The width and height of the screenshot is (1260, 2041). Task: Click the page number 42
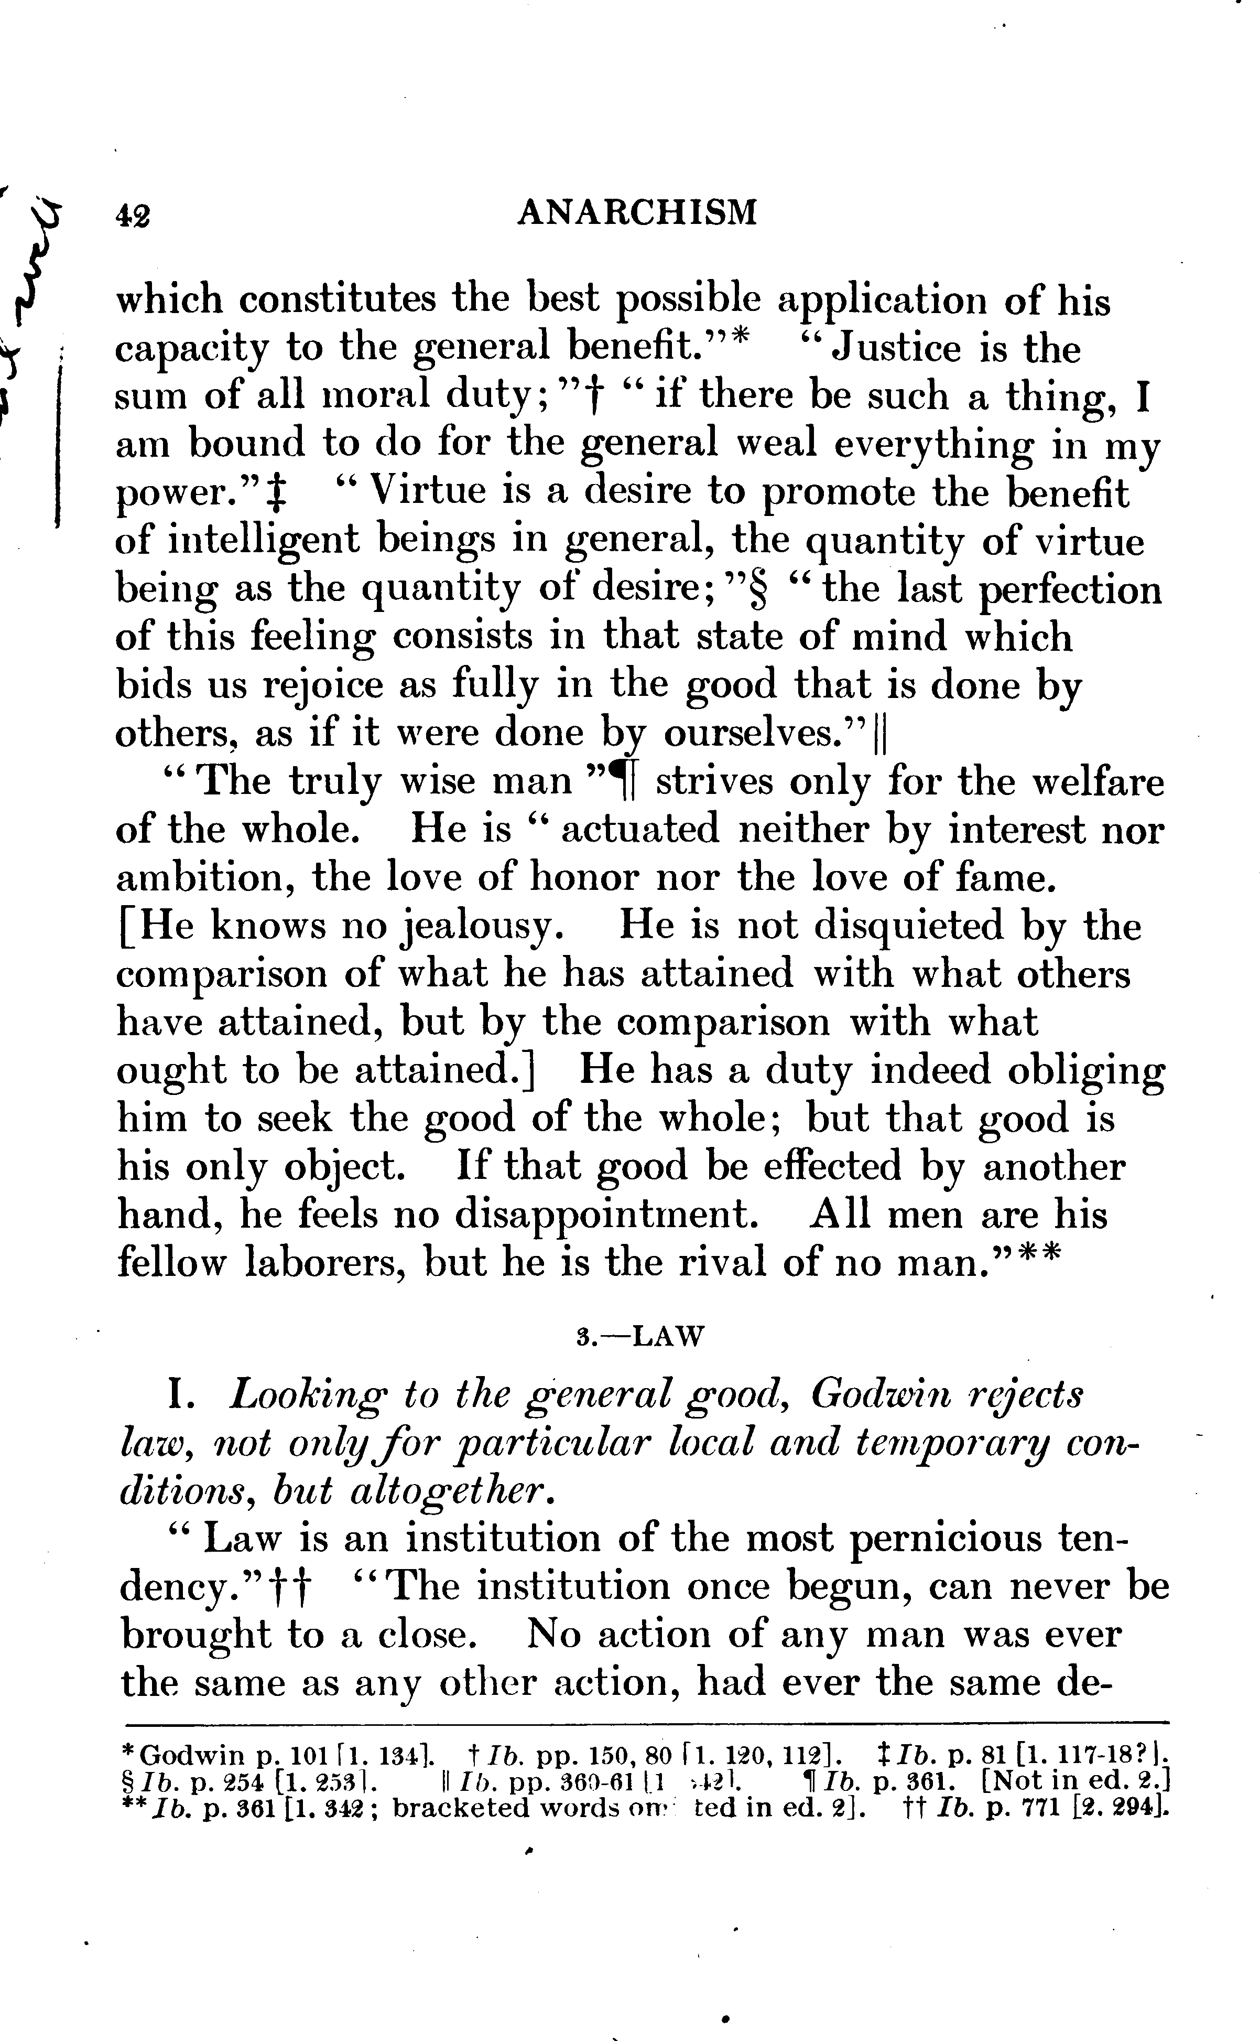[x=133, y=215]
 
